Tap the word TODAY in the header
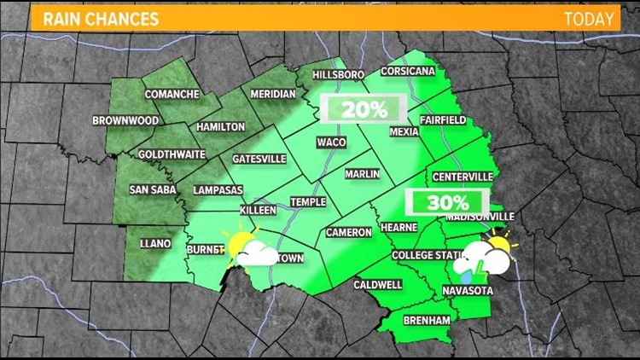588,18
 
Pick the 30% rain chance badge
448,203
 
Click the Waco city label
331,142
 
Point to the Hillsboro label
339,75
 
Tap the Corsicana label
409,72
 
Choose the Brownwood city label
125,121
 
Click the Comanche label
172,94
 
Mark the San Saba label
152,189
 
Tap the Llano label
155,244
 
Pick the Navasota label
468,292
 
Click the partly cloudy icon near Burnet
248,248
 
